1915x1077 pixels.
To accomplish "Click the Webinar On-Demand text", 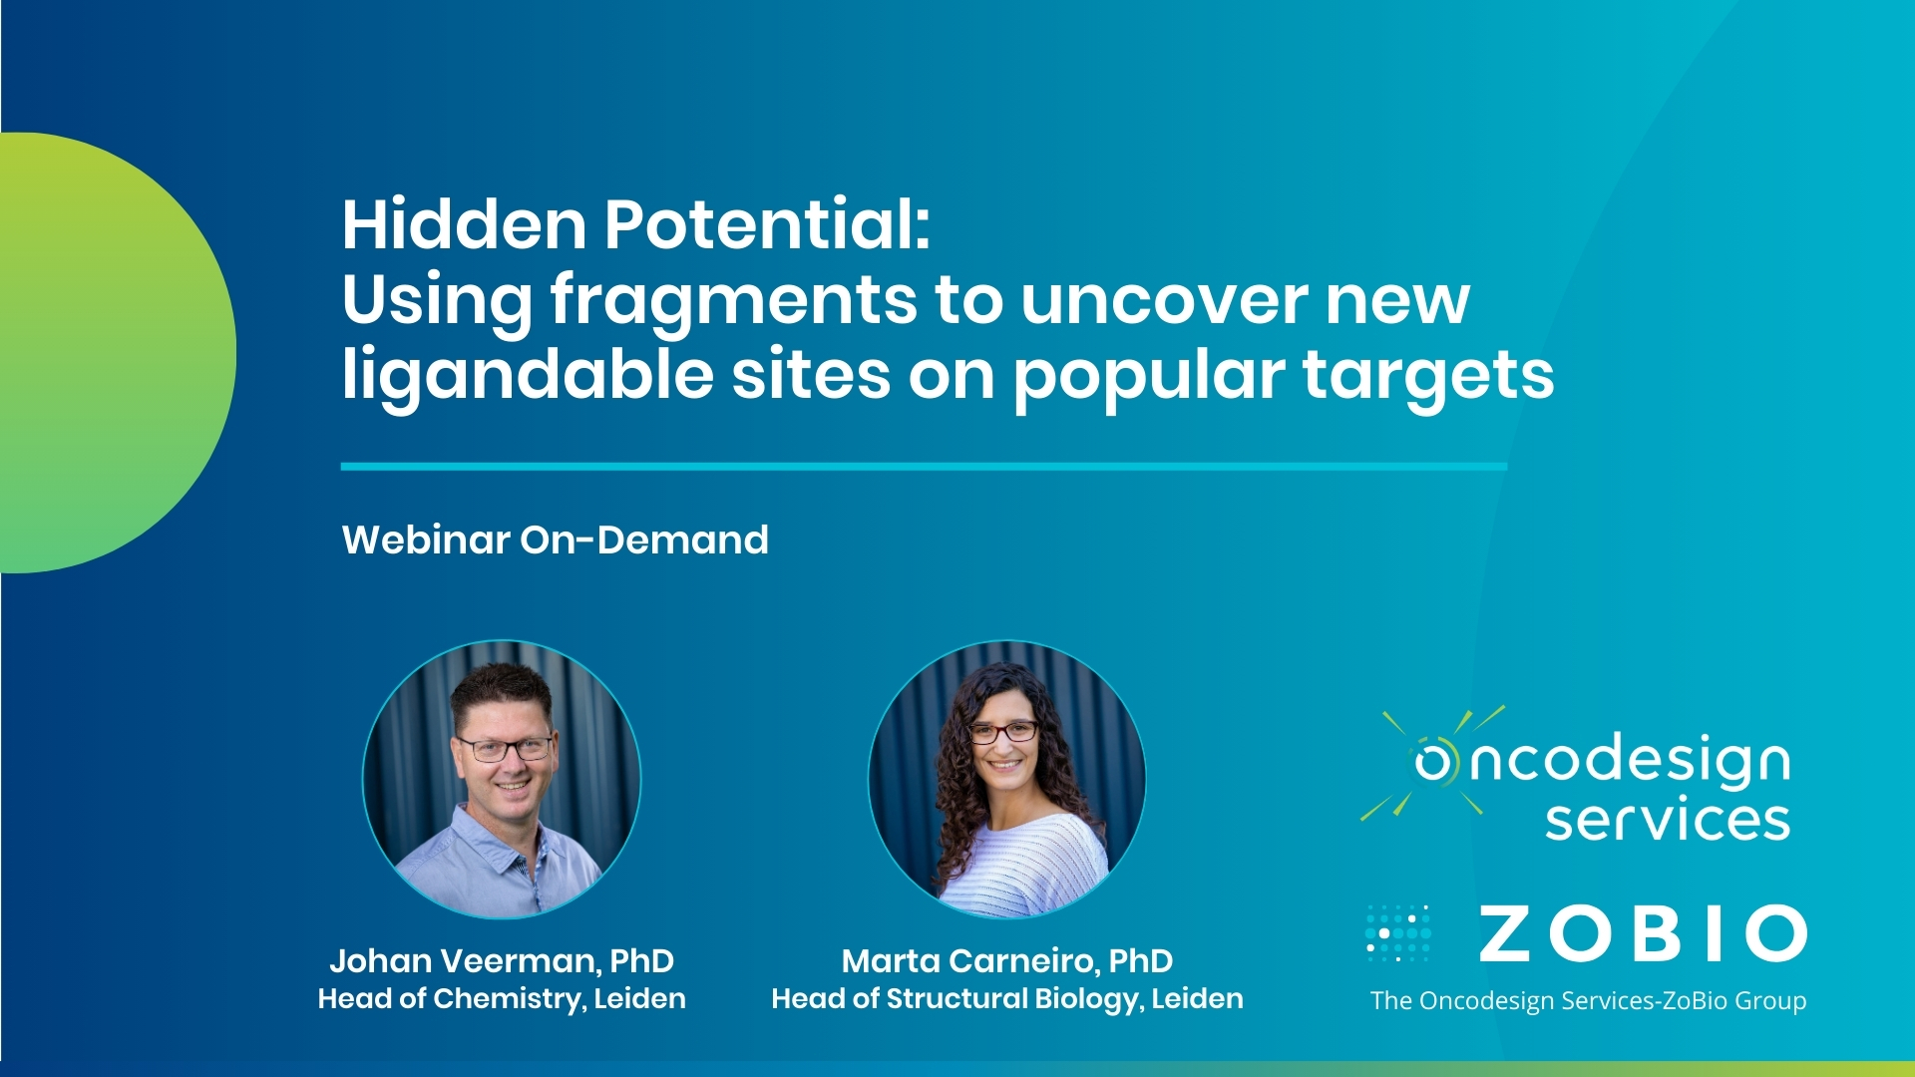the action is click(556, 539).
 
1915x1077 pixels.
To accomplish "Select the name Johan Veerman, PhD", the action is click(502, 960).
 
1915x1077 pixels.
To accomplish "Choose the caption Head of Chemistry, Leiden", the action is click(502, 999).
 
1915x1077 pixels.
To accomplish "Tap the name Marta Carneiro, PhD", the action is click(1007, 960).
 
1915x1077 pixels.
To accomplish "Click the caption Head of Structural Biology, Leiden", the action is click(1007, 999).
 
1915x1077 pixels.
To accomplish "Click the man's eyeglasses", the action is click(505, 748).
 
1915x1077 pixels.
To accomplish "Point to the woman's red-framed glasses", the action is click(1003, 733).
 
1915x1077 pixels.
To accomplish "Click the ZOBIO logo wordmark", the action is click(1643, 934).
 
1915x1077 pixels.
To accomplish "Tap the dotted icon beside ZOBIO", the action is click(1398, 933).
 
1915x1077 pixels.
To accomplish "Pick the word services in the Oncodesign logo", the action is click(1668, 821).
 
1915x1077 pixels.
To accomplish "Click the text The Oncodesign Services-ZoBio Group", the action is click(1588, 1000).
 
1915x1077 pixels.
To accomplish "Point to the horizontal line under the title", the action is click(924, 466).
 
